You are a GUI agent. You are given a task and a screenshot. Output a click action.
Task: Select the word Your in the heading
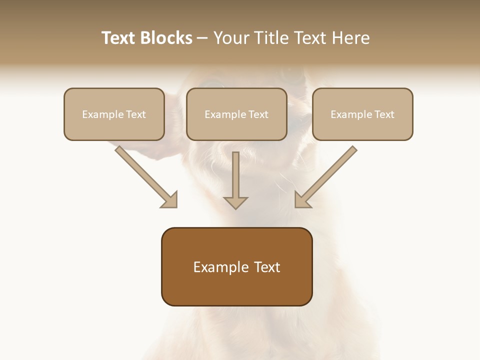(231, 38)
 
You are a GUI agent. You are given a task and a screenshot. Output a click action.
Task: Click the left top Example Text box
(114, 114)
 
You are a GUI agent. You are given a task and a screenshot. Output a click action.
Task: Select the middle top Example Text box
(236, 114)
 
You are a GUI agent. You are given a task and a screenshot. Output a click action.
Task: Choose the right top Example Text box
(362, 114)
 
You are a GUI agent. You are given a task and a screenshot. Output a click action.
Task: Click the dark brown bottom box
(236, 266)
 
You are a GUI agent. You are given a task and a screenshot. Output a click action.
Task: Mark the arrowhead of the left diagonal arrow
(170, 199)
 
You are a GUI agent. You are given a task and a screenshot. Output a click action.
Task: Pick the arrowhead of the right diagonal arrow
(302, 199)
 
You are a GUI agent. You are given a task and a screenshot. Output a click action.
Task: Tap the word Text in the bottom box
(267, 267)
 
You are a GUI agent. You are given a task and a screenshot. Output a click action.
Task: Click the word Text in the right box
(384, 114)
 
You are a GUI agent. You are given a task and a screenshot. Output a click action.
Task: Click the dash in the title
(203, 38)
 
